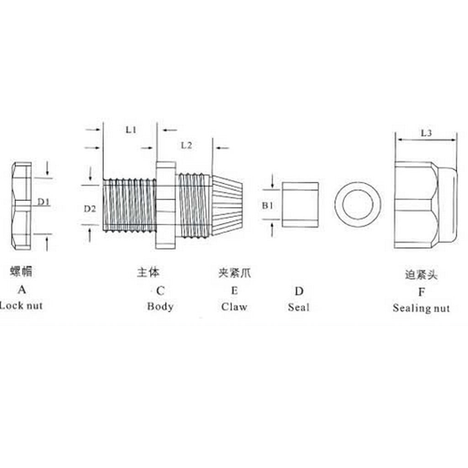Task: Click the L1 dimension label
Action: pyautogui.click(x=131, y=130)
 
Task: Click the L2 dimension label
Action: pyautogui.click(x=186, y=146)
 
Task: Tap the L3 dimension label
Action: pyautogui.click(x=426, y=133)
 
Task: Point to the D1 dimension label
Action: pyautogui.click(x=44, y=202)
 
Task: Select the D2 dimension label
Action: pyautogui.click(x=90, y=208)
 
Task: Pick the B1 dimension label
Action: pyautogui.click(x=267, y=206)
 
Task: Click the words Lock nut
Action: pyautogui.click(x=21, y=306)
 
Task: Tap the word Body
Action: pyautogui.click(x=160, y=306)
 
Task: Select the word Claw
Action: pyautogui.click(x=234, y=306)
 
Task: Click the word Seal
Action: pyautogui.click(x=298, y=307)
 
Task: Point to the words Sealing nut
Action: pyautogui.click(x=421, y=308)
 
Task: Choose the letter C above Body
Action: pyautogui.click(x=160, y=291)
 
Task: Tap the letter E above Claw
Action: pyautogui.click(x=234, y=291)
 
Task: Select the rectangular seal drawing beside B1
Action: pyautogui.click(x=300, y=204)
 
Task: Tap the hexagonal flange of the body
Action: pyautogui.click(x=165, y=205)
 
